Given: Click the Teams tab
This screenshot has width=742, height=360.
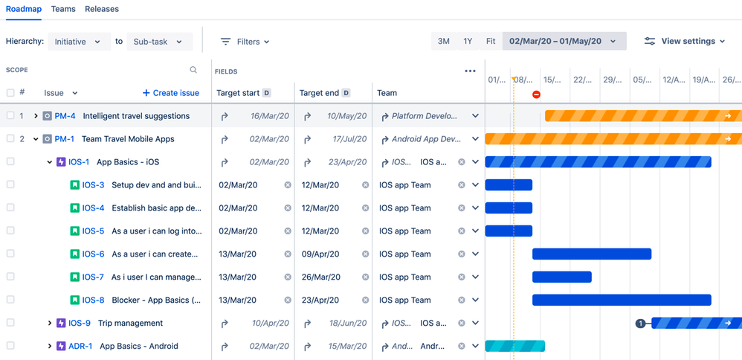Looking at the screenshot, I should (x=63, y=9).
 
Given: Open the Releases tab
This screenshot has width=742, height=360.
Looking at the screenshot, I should (x=102, y=9).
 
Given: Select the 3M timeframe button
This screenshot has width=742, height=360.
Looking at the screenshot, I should (x=443, y=42).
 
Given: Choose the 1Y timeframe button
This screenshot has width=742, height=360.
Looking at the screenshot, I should (x=468, y=42).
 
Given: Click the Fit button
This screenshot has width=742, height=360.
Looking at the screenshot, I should (x=491, y=42).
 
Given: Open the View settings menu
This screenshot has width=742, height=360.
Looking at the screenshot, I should (x=684, y=42).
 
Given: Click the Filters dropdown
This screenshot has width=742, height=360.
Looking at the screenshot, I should (x=245, y=42).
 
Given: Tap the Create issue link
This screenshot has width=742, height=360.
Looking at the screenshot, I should (x=171, y=93).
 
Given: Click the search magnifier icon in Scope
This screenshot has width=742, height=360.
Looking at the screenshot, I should (x=193, y=70).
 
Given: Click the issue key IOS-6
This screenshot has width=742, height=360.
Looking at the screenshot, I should (x=93, y=254).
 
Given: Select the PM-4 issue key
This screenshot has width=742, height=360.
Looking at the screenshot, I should (x=65, y=116).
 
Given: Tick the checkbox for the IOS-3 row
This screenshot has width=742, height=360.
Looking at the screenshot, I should (x=10, y=184).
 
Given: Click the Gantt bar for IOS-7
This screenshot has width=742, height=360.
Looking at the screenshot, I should (x=562, y=277).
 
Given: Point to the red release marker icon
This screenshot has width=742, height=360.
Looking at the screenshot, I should (x=536, y=94).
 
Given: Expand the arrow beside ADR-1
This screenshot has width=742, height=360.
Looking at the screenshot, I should (x=50, y=347).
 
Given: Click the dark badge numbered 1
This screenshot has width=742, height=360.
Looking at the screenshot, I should (x=640, y=324).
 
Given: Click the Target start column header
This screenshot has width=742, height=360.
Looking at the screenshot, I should (x=238, y=93).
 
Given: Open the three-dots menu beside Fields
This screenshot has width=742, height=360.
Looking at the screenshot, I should (x=470, y=71).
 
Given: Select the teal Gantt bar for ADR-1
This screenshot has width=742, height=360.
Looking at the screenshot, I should (x=514, y=347).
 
